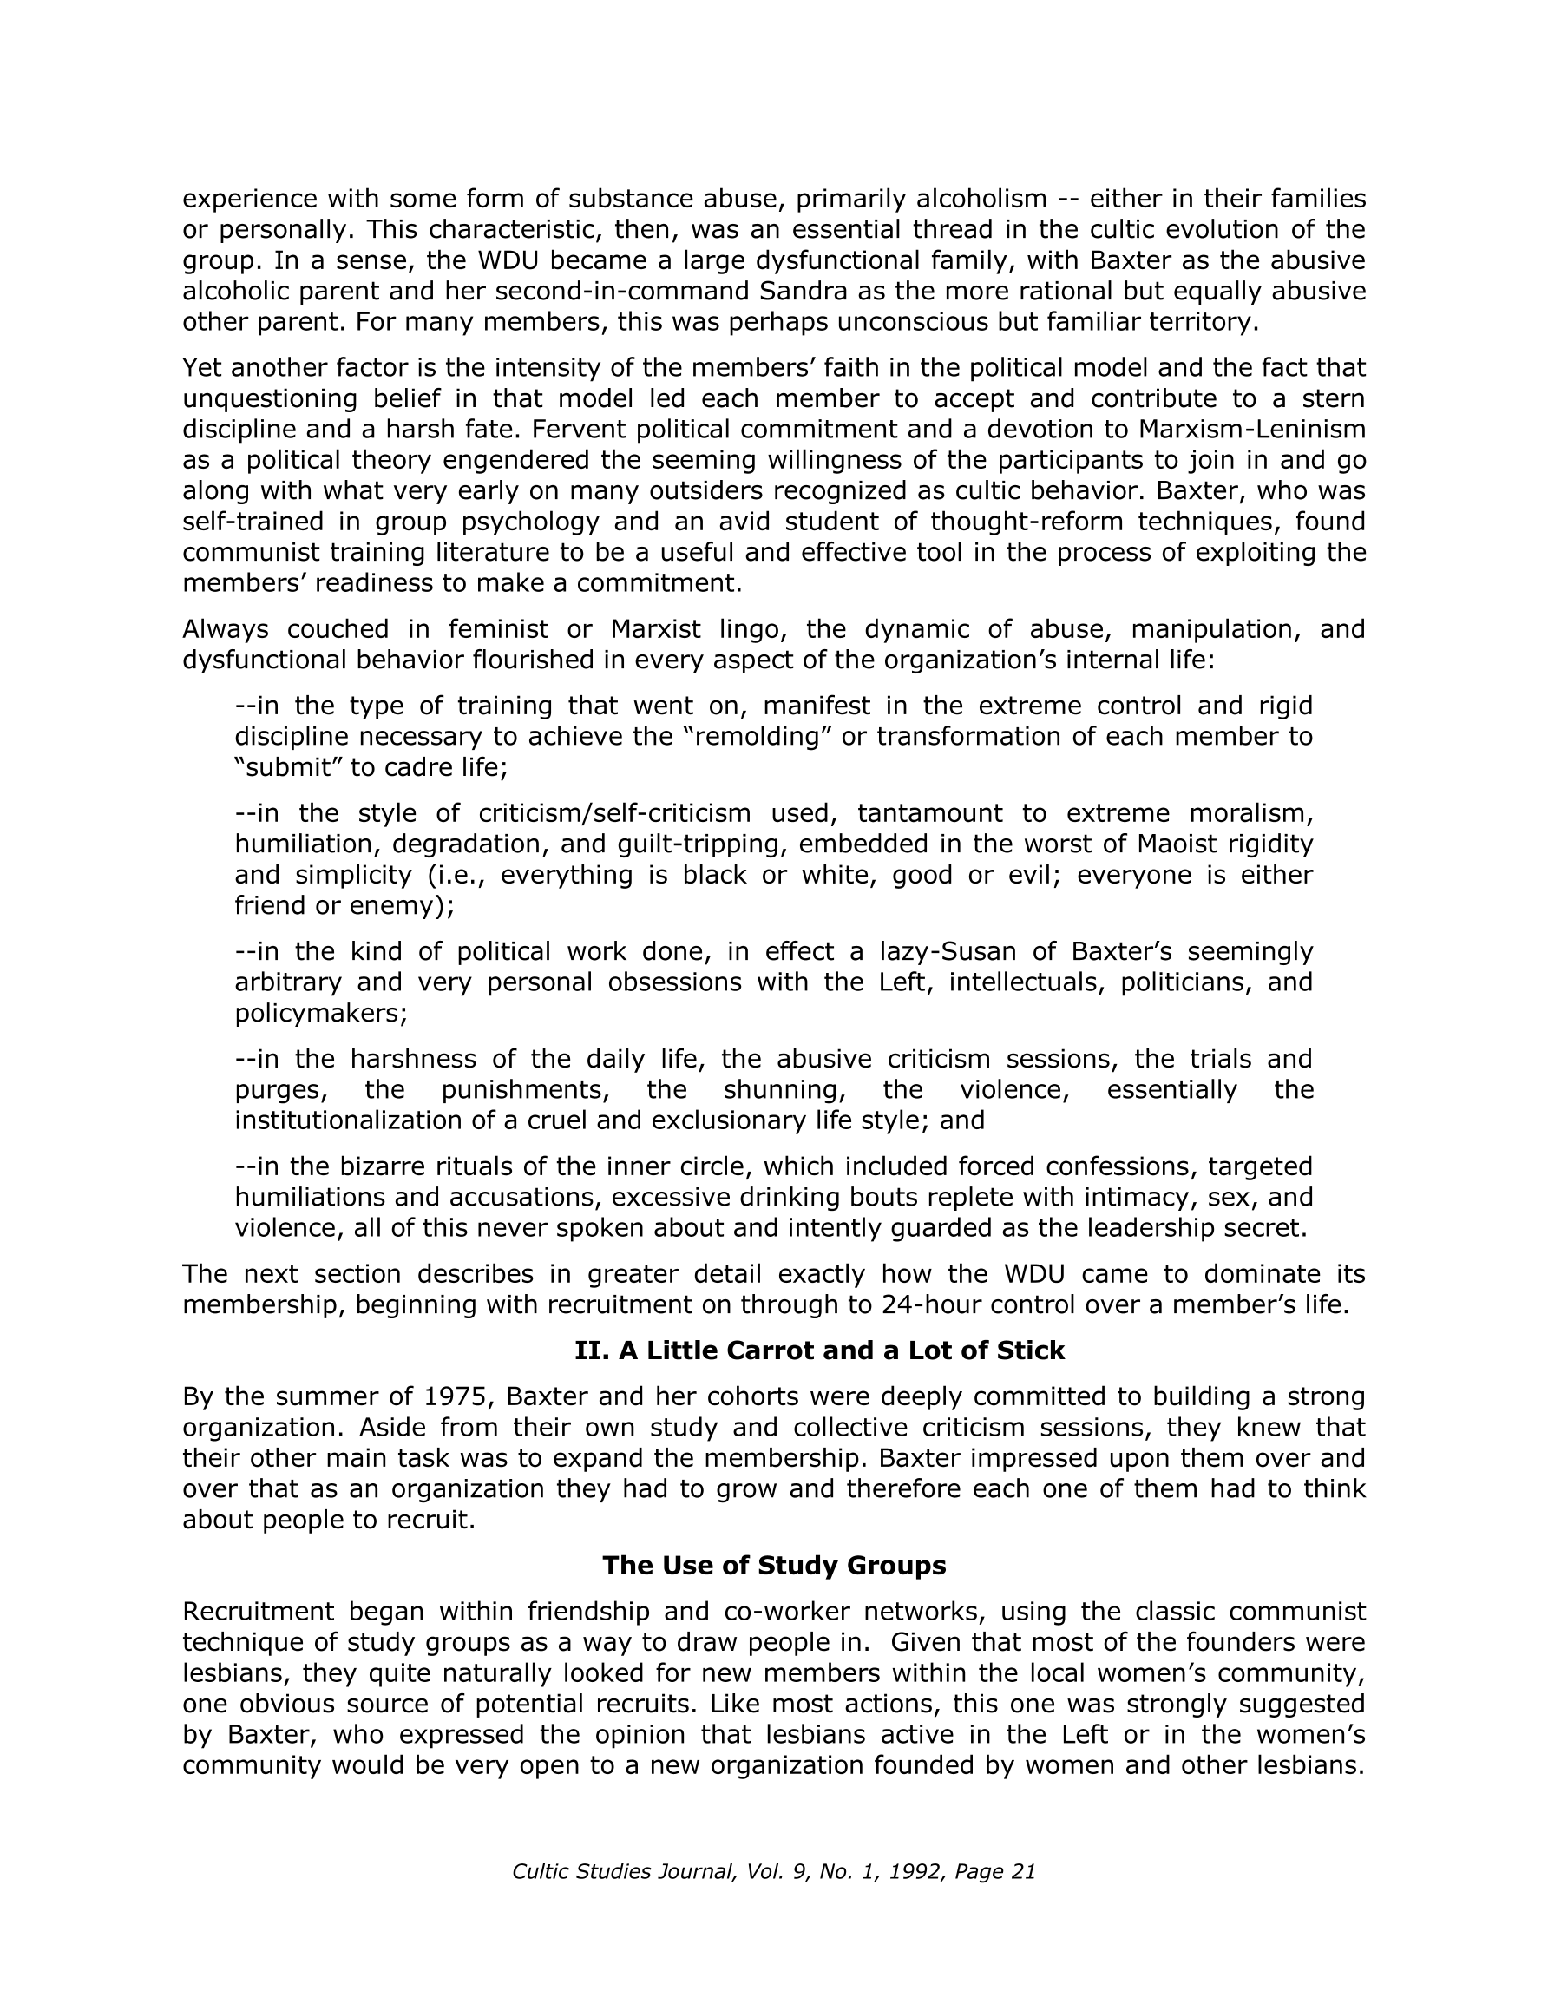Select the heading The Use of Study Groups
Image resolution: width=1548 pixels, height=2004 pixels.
(x=773, y=1566)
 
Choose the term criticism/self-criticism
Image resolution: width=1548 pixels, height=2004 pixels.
(x=613, y=813)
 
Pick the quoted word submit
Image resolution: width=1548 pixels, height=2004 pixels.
(x=288, y=767)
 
